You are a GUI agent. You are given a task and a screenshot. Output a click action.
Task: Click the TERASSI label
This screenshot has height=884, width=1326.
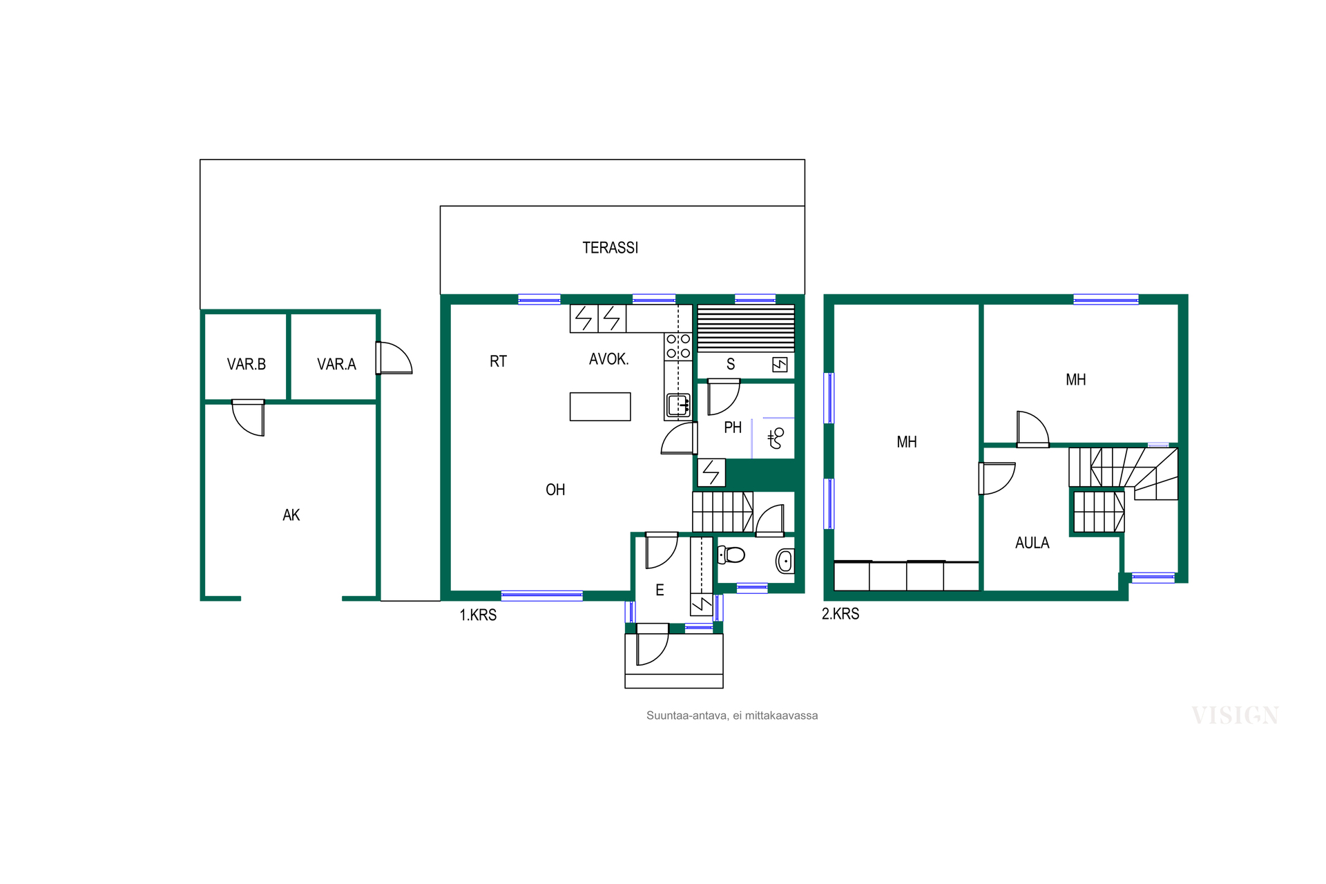610,247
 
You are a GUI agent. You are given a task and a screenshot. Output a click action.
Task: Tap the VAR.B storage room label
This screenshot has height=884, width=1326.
246,364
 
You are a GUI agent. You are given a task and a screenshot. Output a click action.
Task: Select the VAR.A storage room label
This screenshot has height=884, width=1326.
336,364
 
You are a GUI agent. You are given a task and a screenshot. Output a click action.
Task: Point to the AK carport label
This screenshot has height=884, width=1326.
291,515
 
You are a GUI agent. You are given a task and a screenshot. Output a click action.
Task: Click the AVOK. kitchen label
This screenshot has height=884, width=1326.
608,359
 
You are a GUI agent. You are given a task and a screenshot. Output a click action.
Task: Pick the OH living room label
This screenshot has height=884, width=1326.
555,490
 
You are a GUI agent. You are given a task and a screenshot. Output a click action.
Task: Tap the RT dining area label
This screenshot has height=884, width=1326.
498,361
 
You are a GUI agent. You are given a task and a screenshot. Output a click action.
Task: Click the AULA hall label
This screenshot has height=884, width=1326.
1032,543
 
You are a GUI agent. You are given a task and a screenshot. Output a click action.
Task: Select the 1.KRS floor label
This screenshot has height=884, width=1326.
478,615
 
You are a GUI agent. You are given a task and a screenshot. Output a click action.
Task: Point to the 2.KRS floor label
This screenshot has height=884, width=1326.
840,613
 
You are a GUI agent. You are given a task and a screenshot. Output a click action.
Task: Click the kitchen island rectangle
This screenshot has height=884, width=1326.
600,407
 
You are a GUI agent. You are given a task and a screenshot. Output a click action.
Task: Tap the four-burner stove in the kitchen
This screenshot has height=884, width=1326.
678,346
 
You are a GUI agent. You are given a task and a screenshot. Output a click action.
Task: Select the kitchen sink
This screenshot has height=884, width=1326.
678,405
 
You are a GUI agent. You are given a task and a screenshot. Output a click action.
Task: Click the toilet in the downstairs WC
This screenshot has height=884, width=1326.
731,554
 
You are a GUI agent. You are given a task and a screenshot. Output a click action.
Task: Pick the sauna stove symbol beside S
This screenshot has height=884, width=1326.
780,364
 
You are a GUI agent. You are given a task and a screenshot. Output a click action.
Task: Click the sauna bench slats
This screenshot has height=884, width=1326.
746,329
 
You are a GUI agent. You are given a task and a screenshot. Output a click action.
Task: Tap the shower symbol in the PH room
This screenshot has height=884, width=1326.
776,438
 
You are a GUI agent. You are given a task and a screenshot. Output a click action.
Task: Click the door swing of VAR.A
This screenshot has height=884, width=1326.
394,358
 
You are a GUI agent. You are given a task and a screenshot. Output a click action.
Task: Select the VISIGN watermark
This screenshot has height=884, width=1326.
1235,715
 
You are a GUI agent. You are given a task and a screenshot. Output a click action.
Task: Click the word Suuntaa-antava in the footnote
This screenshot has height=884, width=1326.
686,715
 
